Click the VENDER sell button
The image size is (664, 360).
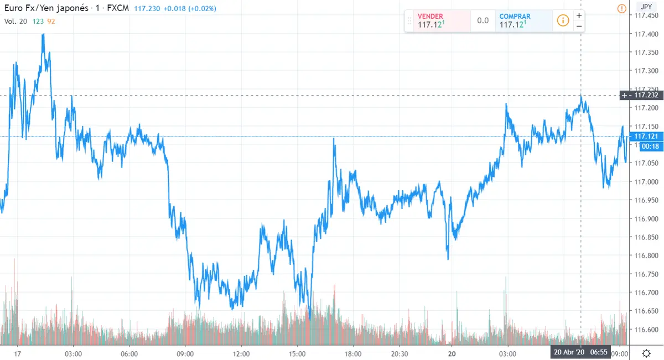click(437, 21)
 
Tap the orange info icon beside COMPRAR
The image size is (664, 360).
click(563, 20)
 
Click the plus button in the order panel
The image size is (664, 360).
click(579, 15)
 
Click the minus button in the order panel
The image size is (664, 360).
click(579, 26)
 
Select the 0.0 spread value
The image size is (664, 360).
click(483, 21)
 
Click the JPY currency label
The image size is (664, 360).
click(645, 7)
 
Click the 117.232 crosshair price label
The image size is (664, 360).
click(645, 95)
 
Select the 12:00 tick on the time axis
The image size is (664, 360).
click(241, 353)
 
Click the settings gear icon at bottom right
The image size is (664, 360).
click(646, 353)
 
